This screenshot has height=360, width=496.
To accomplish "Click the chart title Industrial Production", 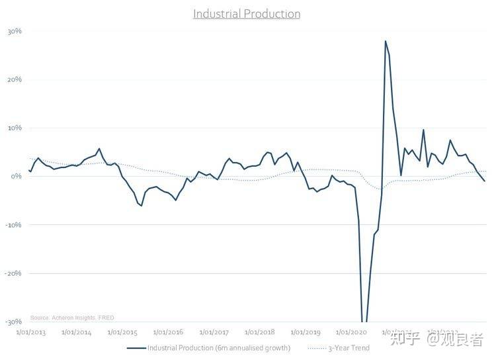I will (247, 14).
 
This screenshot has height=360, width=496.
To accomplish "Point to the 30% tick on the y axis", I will (15, 31).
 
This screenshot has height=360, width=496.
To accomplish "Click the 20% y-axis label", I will (15, 79).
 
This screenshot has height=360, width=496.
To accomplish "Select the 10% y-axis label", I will (15, 128).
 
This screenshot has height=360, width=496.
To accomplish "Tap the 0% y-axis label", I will (17, 176).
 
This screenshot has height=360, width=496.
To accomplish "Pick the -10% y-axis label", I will (13, 224).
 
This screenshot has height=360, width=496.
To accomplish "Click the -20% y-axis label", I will (13, 273).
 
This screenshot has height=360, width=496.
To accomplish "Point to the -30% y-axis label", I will (13, 322).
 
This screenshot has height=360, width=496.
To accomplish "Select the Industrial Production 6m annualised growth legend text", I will (218, 347).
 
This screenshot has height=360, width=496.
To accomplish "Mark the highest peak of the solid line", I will (385, 41).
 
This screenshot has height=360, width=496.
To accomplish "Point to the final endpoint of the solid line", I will (485, 181).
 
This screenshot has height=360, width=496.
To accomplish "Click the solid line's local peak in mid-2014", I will (99, 149).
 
